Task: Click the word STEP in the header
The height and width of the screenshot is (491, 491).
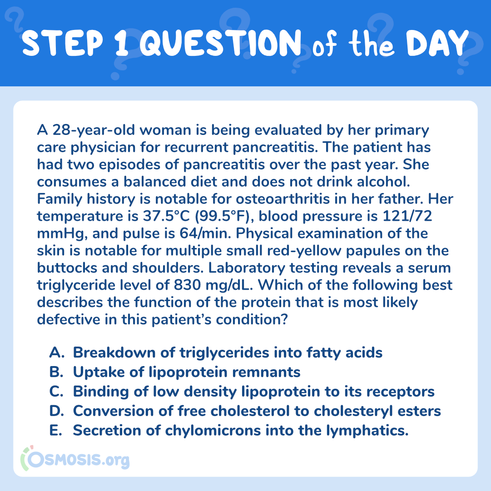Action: [x=62, y=43]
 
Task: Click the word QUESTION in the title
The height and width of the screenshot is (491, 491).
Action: [x=220, y=43]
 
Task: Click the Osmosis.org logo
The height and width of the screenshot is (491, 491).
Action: [x=75, y=459]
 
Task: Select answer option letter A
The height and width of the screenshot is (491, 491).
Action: [x=57, y=352]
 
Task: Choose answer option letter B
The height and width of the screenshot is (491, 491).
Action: [x=56, y=372]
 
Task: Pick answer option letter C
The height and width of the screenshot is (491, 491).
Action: [x=56, y=392]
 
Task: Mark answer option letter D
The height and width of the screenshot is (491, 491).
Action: [x=57, y=411]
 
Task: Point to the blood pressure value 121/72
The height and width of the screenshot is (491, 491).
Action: [x=407, y=216]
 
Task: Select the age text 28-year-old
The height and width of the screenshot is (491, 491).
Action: [x=93, y=130]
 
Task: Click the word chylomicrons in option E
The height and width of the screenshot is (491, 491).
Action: [x=213, y=431]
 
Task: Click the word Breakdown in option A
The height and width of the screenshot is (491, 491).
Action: [x=114, y=352]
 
